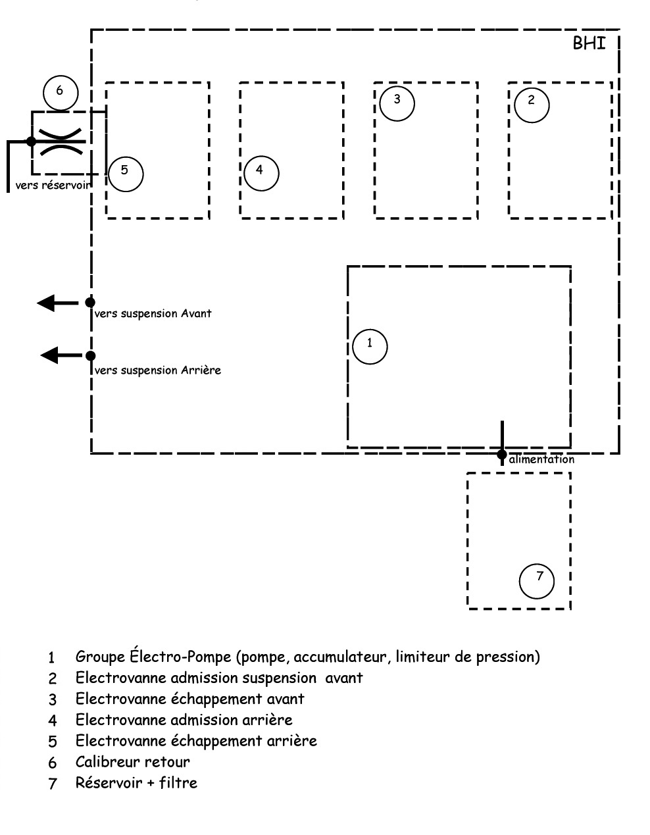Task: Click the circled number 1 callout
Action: click(370, 346)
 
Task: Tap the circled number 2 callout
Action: click(532, 104)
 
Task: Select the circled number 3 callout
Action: click(397, 103)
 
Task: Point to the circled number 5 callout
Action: click(125, 174)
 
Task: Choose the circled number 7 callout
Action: click(536, 580)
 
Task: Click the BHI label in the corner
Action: click(589, 44)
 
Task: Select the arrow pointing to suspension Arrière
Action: click(59, 356)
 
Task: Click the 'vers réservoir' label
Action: click(52, 186)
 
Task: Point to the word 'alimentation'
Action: click(541, 459)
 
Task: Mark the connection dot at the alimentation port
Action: click(502, 454)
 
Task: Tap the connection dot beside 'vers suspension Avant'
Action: click(91, 303)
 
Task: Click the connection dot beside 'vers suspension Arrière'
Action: click(91, 356)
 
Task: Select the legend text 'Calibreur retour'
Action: click(132, 762)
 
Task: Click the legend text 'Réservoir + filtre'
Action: click(136, 783)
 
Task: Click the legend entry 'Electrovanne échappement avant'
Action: click(189, 699)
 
